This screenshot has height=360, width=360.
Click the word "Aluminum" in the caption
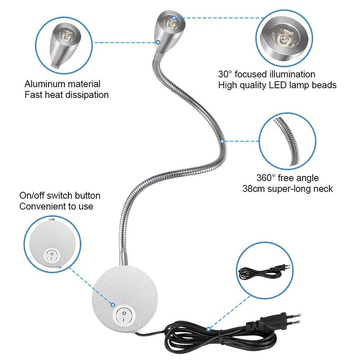pos(43,84)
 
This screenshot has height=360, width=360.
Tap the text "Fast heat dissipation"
pos(66,95)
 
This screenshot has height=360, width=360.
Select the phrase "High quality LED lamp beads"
pos(277,85)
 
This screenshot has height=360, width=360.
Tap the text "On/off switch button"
pos(60,196)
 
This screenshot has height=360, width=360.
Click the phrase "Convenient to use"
pos(56,207)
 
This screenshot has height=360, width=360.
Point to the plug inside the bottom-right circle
pos(282,266)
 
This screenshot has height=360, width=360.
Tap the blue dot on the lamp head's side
pos(158,42)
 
